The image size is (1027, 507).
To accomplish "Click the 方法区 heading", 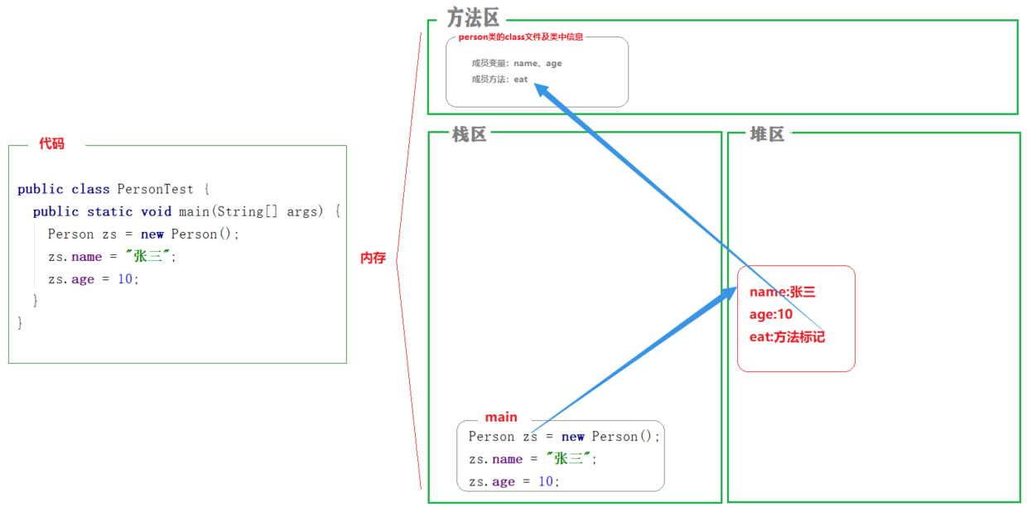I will tap(473, 17).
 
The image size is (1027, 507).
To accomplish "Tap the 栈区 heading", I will tap(469, 135).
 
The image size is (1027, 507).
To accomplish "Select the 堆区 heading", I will tap(767, 135).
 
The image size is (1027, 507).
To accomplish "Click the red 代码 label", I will tap(51, 144).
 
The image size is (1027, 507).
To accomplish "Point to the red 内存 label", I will tap(373, 258).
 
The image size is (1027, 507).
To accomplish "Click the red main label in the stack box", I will tap(501, 418).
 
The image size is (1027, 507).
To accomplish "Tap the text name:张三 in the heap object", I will tap(783, 292).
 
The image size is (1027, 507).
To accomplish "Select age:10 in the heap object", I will tap(771, 315).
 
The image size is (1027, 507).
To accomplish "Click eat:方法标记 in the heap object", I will tap(787, 337).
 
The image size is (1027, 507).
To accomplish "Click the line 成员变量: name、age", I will tap(517, 63).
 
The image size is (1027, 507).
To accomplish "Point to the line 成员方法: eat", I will tap(499, 80).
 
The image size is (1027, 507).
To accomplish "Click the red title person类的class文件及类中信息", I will tap(521, 36).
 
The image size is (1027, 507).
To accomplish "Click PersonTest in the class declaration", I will tap(156, 189).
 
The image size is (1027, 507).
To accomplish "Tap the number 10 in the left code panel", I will tap(125, 279).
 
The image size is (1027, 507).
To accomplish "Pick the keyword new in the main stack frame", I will tap(573, 437).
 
